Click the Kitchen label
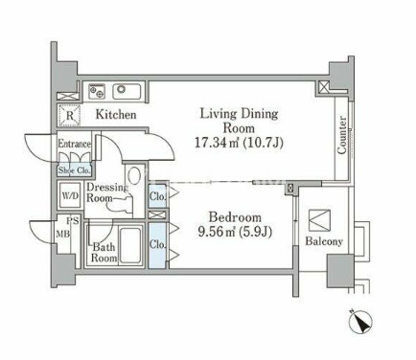pyautogui.click(x=116, y=115)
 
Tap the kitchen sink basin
pyautogui.click(x=127, y=90)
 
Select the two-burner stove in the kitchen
pyautogui.click(x=97, y=91)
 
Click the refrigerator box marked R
pyautogui.click(x=69, y=115)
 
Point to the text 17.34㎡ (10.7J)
pyautogui.click(x=239, y=143)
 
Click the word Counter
pyautogui.click(x=342, y=135)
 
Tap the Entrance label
pyautogui.click(x=74, y=144)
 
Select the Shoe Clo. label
pyautogui.click(x=74, y=170)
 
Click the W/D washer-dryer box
pyautogui.click(x=70, y=195)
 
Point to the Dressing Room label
pyautogui.click(x=106, y=192)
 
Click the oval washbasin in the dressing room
pyautogui.click(x=133, y=175)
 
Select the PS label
pyautogui.click(x=73, y=220)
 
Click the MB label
pyautogui.click(x=63, y=235)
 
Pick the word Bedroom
pyautogui.click(x=235, y=217)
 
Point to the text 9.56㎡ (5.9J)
pyautogui.click(x=235, y=232)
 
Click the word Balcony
pyautogui.click(x=324, y=241)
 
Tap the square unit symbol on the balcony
pyautogui.click(x=319, y=220)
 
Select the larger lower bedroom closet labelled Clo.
pyautogui.click(x=157, y=245)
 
